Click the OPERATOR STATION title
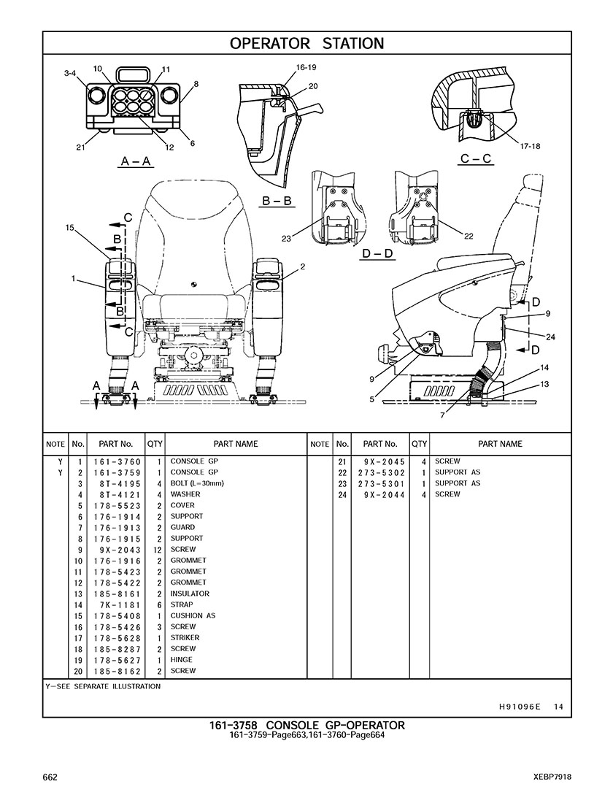306,43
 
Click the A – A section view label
136,161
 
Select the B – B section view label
277,201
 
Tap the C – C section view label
476,159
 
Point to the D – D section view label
377,253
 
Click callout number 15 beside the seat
69,228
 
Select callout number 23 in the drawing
285,238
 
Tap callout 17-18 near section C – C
530,146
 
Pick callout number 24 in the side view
550,337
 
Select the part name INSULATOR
190,594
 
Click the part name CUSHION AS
193,615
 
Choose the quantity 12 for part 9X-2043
157,549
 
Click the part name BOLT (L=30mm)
197,483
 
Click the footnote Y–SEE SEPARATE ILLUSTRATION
103,686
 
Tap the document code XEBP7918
552,777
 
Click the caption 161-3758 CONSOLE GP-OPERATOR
306,725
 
